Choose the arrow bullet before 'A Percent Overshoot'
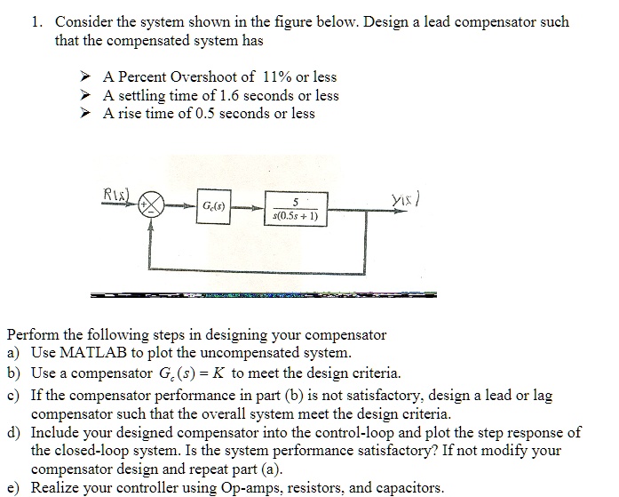click(x=86, y=77)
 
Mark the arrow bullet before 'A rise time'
click(x=86, y=113)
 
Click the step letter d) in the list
click(x=15, y=433)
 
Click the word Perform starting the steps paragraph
click(x=34, y=335)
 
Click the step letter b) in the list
click(x=15, y=372)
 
